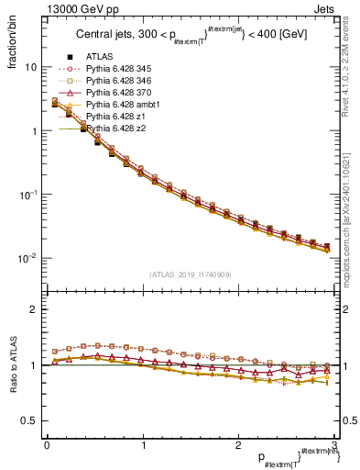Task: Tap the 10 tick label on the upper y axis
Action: point(30,67)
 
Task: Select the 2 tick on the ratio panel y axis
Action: point(33,309)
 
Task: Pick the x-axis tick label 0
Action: point(46,444)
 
